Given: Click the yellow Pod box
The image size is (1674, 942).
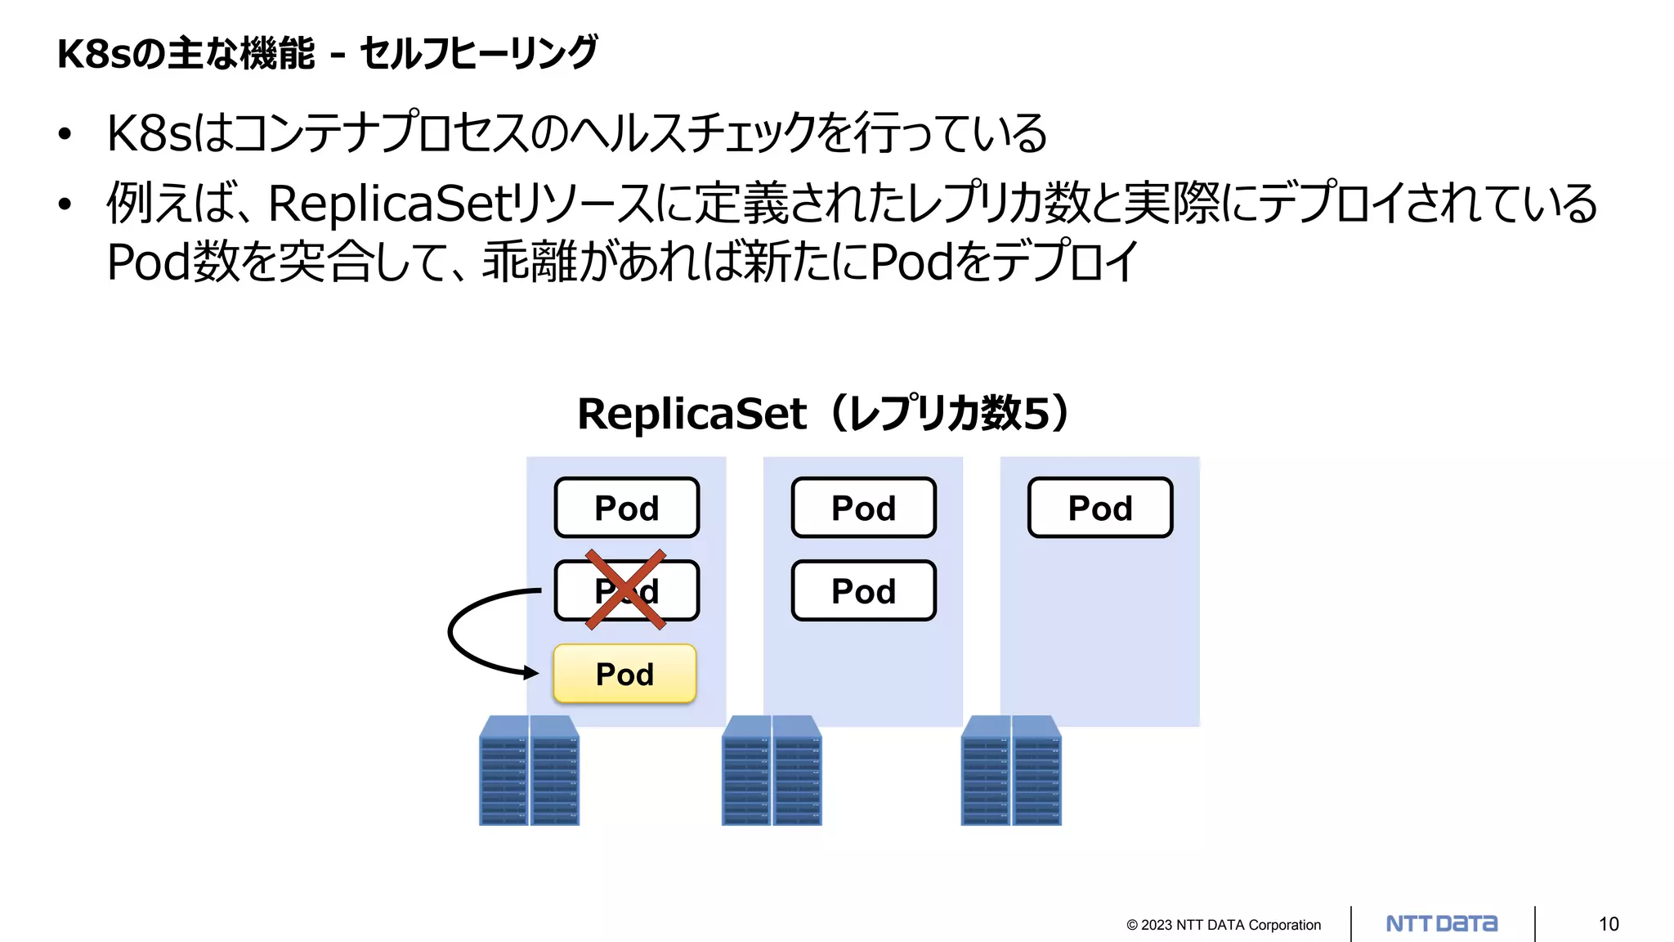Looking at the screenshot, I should (624, 674).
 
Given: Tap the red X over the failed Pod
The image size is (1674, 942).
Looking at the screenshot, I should (626, 590).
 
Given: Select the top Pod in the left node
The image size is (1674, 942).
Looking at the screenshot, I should (626, 508).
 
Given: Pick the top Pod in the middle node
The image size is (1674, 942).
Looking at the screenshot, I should (863, 508).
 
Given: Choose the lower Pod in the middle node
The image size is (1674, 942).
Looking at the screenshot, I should (863, 590).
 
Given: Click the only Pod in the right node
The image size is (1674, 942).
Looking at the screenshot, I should (1100, 508).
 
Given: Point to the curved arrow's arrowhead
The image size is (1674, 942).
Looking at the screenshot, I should (532, 673).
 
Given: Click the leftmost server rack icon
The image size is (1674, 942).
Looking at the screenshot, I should (529, 770).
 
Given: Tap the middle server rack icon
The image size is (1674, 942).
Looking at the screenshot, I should (772, 770).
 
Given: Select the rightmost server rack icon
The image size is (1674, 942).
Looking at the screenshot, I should (1011, 770).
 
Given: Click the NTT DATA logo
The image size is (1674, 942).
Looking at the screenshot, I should (1441, 924).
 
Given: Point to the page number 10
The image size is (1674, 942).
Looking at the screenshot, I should (1608, 924).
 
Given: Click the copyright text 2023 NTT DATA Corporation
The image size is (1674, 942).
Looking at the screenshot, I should (1224, 925).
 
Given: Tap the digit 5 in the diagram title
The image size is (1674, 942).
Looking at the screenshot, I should (1035, 414).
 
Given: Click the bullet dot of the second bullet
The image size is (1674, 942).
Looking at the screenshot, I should (65, 204).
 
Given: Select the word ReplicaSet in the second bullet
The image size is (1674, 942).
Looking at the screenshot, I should (389, 204).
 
